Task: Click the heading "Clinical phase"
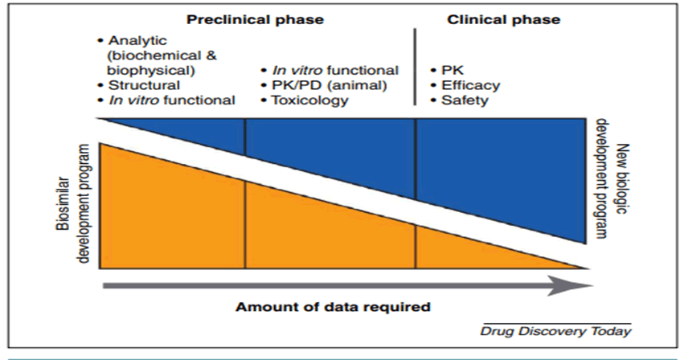tap(503, 18)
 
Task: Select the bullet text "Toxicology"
tap(309, 100)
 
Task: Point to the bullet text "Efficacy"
tap(470, 85)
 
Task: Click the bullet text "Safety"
tap(465, 100)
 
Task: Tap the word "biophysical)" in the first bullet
tap(144, 70)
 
